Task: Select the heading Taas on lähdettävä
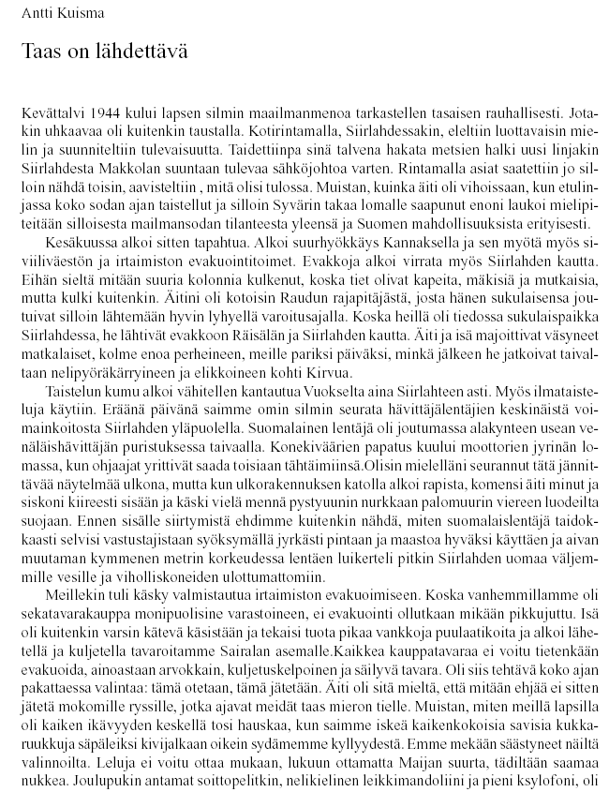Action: coord(104,52)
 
